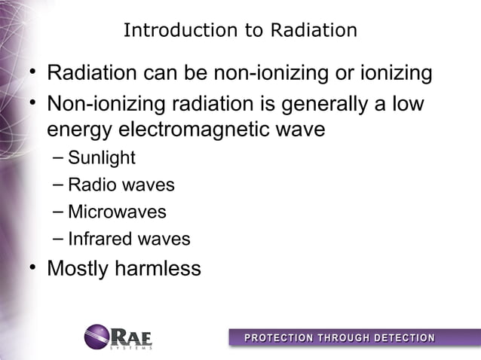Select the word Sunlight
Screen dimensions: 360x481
[x=101, y=157]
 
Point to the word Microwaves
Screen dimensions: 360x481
[x=116, y=212]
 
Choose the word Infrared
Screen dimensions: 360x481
[x=97, y=239]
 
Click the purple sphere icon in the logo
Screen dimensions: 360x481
[x=97, y=336]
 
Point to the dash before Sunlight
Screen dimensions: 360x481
[x=58, y=158]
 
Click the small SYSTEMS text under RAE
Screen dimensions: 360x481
[x=131, y=347]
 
